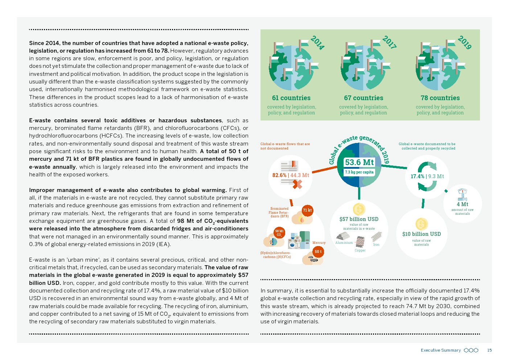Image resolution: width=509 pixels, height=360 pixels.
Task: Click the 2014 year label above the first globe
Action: pos(317,43)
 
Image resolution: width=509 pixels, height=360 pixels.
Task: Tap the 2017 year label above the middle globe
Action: pos(389,42)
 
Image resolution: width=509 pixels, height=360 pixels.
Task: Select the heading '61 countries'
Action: pos(291,98)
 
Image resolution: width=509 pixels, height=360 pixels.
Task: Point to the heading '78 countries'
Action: pos(440,98)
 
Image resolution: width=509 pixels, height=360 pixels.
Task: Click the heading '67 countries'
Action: pos(364,98)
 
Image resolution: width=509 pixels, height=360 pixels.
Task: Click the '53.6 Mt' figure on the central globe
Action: pos(359,162)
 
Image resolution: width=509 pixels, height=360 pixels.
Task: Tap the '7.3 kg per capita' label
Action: pos(359,172)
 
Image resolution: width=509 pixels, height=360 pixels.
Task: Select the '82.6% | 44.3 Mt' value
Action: pos(291,175)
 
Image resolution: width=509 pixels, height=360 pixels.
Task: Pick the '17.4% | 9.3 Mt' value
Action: pos(427,176)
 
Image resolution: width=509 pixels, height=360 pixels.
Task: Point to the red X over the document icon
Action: pos(297,184)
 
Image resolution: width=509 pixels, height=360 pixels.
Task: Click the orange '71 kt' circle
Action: pos(307,210)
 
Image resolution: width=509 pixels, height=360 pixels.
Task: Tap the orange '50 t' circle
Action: pos(318,251)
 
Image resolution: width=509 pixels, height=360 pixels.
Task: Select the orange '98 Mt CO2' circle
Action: pos(279,233)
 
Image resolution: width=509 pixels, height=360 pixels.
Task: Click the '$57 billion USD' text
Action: pos(359,219)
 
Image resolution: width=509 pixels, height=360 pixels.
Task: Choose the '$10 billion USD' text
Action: pos(422,234)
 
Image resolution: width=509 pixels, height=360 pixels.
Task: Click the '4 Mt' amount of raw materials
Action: pos(462,204)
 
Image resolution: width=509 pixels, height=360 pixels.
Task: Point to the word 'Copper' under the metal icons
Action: pos(360,250)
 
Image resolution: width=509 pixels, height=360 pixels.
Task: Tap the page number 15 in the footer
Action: pos(489,350)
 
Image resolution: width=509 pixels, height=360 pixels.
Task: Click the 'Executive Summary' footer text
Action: pos(440,350)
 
